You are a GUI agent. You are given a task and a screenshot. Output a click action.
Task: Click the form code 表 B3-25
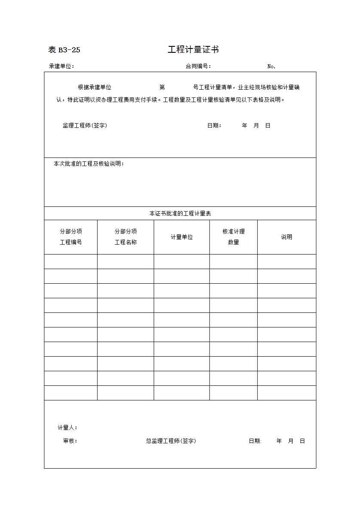tap(64, 50)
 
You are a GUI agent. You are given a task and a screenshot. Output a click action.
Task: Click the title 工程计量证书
tap(193, 50)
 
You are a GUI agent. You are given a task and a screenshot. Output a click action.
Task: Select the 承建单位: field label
tap(62, 67)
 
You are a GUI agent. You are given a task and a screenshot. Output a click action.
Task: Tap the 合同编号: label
tap(198, 67)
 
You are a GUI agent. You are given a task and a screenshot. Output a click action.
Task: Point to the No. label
tap(271, 67)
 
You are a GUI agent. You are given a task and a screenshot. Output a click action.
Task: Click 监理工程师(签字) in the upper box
tap(85, 126)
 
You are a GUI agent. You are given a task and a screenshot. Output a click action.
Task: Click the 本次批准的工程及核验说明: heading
tap(88, 164)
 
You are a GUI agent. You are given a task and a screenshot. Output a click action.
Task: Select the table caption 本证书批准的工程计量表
tap(180, 213)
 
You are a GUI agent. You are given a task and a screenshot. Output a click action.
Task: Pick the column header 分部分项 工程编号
tap(71, 237)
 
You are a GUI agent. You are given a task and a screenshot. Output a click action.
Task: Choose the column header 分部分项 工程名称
tap(125, 237)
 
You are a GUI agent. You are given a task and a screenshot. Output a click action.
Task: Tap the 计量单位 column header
tap(182, 237)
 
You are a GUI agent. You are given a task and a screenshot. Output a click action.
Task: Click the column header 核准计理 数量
tap(233, 237)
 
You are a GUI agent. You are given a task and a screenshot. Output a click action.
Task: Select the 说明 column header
tap(287, 237)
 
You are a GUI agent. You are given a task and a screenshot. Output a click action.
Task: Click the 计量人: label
tap(67, 428)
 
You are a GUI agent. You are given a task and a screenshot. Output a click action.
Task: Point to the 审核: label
tap(70, 441)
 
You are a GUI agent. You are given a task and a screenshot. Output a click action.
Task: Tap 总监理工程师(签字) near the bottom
tap(171, 441)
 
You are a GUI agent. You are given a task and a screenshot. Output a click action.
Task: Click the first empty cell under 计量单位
tap(182, 261)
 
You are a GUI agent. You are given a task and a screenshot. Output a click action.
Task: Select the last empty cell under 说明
tap(287, 393)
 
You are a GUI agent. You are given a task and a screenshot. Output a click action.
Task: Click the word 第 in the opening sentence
tap(162, 88)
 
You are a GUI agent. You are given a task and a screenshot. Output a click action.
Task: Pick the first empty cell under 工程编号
tap(71, 261)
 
